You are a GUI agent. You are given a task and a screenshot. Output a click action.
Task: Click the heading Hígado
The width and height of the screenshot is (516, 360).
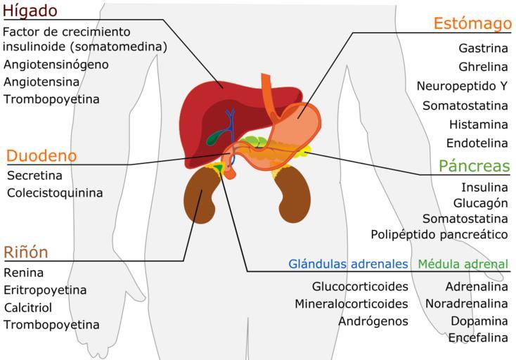pos(40,12)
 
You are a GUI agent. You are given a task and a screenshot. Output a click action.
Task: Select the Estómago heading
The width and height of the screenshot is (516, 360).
pos(472,24)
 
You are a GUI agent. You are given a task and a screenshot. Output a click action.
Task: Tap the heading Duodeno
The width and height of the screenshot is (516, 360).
pos(41,155)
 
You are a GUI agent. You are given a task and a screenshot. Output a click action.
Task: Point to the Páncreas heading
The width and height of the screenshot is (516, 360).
pos(474,166)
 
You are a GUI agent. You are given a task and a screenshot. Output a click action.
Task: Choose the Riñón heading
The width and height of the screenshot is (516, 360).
pos(26,252)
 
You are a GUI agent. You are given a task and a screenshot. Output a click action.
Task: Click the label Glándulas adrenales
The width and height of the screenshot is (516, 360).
pos(348,264)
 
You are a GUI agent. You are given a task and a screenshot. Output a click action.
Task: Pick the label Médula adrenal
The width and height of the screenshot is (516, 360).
pos(463,264)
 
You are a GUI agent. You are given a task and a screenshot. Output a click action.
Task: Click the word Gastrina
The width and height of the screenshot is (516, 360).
pos(483,49)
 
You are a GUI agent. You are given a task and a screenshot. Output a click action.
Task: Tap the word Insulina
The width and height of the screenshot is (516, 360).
pos(484,188)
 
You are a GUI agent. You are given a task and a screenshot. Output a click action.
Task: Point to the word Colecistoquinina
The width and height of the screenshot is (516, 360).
pos(55,193)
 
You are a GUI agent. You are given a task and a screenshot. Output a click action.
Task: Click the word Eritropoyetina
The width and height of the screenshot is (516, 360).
pos(45,290)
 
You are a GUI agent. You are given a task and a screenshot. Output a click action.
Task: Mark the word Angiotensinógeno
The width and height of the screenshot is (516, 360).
pos(56,65)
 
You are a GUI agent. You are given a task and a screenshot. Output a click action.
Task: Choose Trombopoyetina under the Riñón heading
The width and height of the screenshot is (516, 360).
pos(51,325)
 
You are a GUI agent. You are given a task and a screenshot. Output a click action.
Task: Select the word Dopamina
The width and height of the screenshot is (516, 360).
pos(479,321)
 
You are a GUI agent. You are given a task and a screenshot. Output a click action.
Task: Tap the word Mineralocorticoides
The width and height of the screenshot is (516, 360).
pos(351,304)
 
